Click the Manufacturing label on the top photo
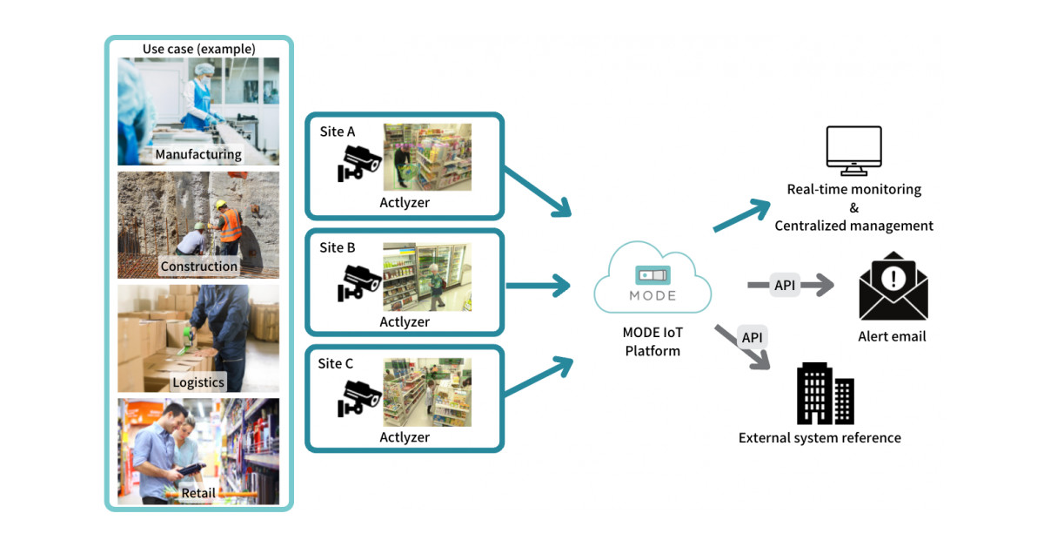(198, 155)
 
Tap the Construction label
(198, 267)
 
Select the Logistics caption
(198, 382)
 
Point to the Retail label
(198, 494)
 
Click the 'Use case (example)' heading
(199, 49)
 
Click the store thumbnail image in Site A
(427, 157)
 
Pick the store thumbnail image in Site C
(427, 392)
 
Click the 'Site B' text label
(338, 247)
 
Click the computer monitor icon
(853, 151)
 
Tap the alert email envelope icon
(893, 287)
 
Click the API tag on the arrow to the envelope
(784, 285)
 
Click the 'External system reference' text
(820, 438)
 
